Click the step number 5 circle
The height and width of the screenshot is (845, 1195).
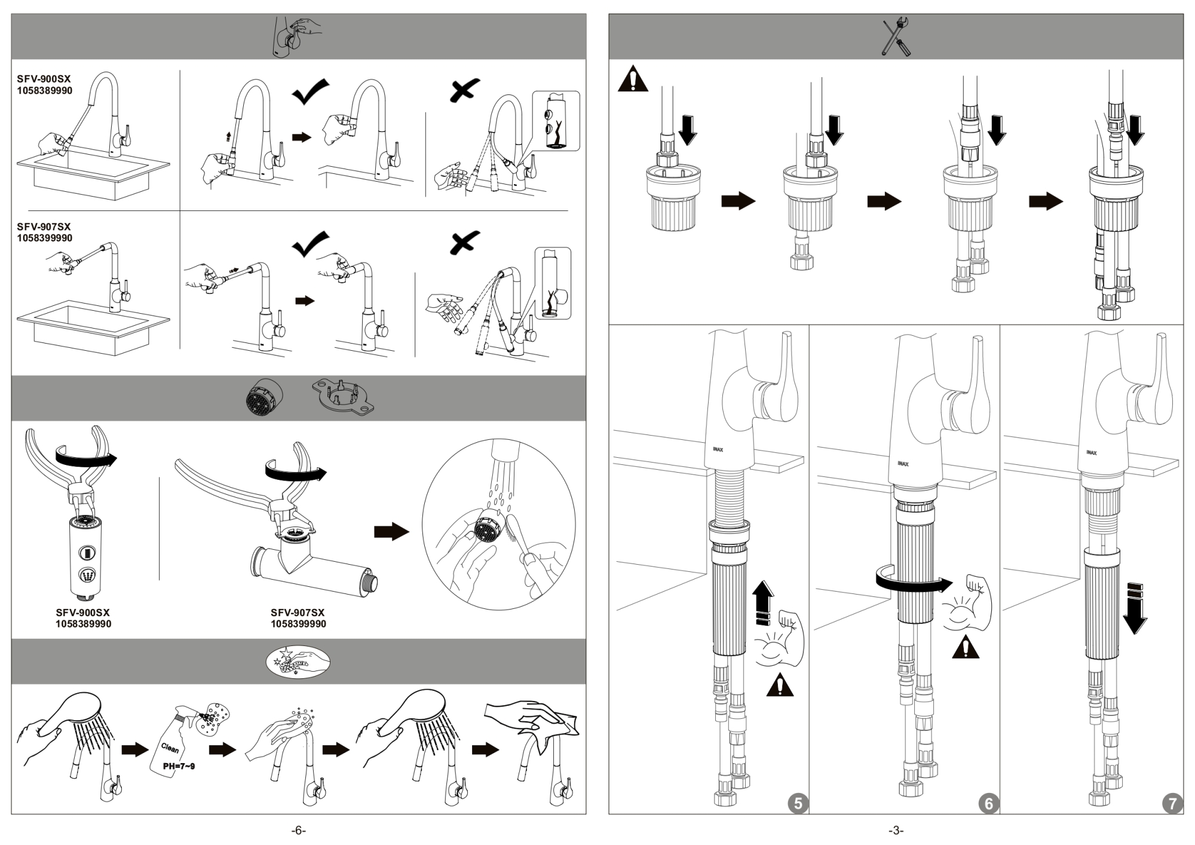tap(798, 803)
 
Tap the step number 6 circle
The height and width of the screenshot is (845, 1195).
tap(989, 803)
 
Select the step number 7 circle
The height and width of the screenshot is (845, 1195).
tap(1172, 803)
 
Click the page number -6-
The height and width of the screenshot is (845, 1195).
tap(298, 831)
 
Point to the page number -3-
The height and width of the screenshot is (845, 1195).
tap(896, 831)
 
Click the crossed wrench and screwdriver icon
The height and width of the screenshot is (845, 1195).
tap(896, 37)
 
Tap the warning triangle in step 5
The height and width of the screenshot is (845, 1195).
tap(780, 685)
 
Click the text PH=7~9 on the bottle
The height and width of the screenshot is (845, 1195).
tap(179, 766)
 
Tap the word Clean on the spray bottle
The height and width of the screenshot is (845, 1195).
tap(170, 748)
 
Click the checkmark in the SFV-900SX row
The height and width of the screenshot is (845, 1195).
tap(310, 91)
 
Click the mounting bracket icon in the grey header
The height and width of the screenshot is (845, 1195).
tap(343, 397)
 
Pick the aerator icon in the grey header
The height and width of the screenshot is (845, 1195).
tap(264, 397)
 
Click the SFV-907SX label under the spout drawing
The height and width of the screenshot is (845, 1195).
tap(298, 613)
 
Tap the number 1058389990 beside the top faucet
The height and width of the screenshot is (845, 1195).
tap(45, 91)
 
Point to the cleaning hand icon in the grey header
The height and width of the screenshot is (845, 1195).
tap(298, 662)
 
